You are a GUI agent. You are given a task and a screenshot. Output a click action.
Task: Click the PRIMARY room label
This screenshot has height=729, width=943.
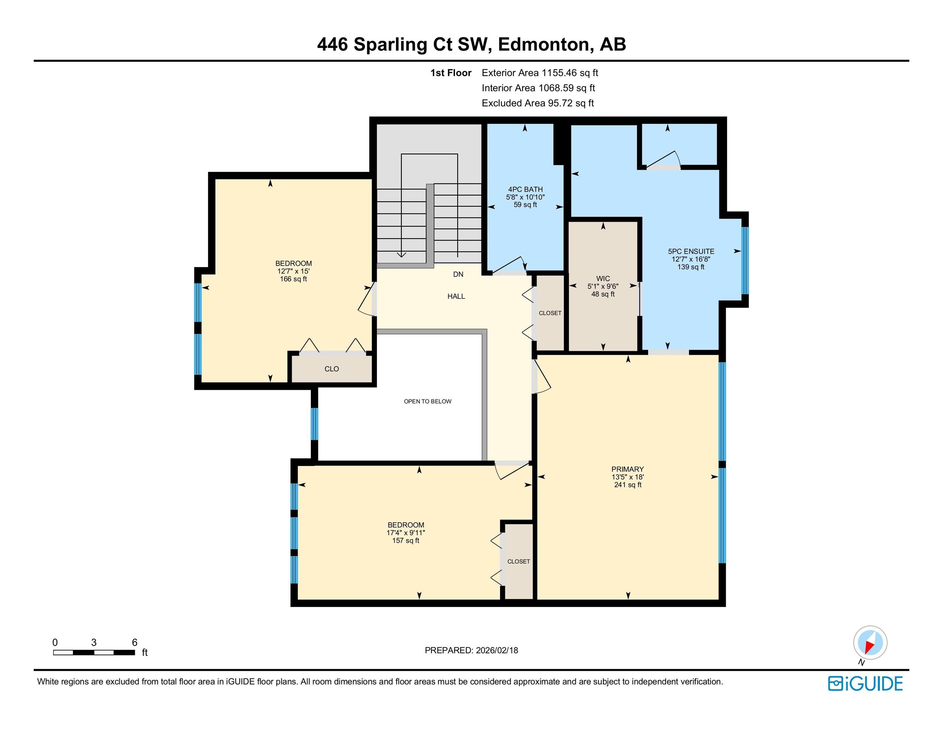click(x=627, y=469)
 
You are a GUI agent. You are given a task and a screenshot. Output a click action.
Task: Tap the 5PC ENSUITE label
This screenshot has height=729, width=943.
click(x=691, y=251)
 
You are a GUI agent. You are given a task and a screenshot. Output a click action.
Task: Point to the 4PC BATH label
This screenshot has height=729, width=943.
click(x=525, y=189)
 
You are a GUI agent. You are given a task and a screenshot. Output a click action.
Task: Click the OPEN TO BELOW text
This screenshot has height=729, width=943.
click(x=427, y=401)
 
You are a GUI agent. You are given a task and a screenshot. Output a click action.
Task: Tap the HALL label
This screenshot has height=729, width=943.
click(x=456, y=296)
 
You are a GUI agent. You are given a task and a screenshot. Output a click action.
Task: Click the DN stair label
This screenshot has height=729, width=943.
click(x=458, y=274)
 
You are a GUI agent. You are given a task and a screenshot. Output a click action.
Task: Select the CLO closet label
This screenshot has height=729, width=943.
click(x=332, y=369)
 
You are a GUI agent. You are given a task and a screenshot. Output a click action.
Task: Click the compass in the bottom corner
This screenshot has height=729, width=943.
click(x=870, y=643)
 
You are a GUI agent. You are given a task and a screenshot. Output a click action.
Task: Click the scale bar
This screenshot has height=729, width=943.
click(x=94, y=652)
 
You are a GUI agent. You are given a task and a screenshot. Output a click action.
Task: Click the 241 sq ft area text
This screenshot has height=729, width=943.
click(x=628, y=484)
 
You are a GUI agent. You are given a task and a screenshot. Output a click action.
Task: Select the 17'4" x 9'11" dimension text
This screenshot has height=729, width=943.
click(x=406, y=533)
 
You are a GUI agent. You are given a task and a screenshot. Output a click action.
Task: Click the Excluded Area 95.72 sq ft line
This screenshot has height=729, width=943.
click(x=537, y=103)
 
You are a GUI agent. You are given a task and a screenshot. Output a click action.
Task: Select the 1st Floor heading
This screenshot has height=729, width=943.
click(x=451, y=73)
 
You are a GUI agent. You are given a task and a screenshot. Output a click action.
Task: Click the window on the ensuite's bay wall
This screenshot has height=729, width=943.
click(x=745, y=260)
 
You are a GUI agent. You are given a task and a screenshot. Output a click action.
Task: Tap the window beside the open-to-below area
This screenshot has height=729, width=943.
click(x=314, y=424)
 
